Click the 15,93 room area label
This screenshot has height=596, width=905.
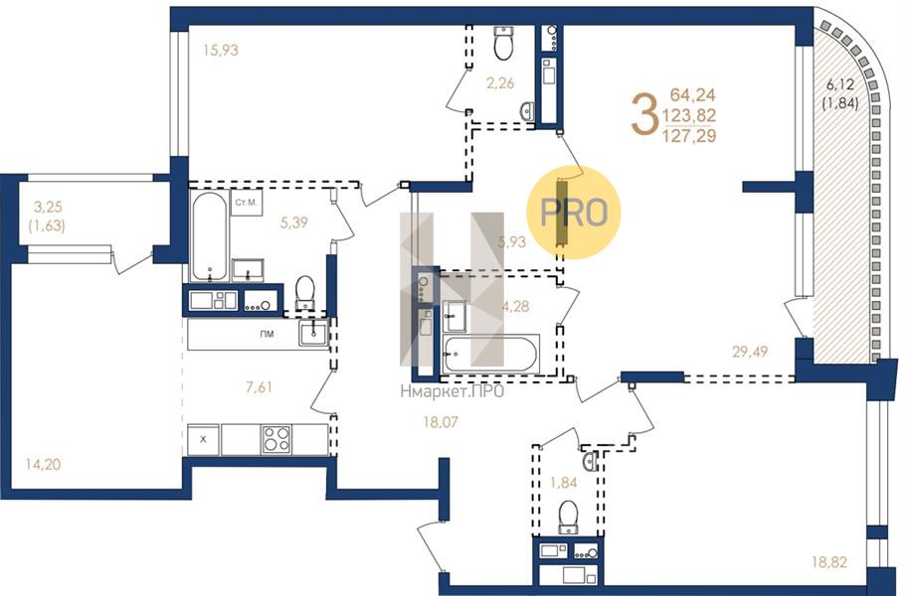221,49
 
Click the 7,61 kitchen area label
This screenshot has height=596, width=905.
258,386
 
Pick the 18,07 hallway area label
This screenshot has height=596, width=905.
443,422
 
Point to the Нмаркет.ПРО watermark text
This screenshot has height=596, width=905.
451,391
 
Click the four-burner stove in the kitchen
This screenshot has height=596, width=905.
276,438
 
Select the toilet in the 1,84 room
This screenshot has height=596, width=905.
569,516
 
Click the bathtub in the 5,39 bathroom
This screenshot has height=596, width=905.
209,236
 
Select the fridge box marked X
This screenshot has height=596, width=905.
203,438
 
